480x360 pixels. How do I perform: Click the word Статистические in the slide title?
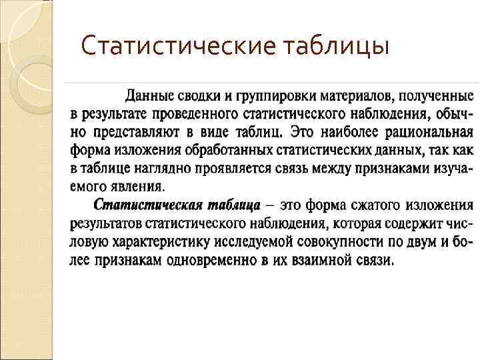(x=177, y=47)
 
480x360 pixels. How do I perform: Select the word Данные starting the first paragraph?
(x=148, y=94)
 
